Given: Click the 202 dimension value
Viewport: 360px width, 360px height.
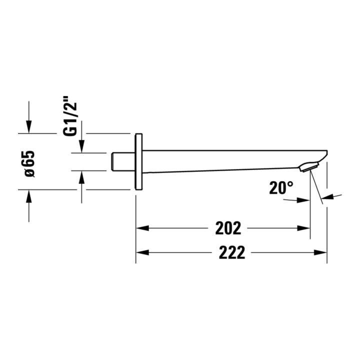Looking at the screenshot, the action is pyautogui.click(x=228, y=228).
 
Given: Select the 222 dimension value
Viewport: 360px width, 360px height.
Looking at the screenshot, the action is pyautogui.click(x=232, y=252).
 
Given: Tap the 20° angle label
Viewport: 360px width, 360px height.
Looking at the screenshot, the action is pyautogui.click(x=281, y=187).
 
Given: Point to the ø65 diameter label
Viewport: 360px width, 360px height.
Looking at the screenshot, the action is pyautogui.click(x=29, y=164).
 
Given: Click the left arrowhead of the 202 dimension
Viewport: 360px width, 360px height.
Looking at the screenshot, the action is pyautogui.click(x=142, y=228).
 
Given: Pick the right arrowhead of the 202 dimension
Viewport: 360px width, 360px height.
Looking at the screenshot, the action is pyautogui.click(x=303, y=228).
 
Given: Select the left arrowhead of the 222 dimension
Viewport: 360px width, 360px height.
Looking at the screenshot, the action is pyautogui.click(x=142, y=252).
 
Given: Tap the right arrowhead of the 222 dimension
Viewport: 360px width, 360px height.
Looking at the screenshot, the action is pyautogui.click(x=320, y=252).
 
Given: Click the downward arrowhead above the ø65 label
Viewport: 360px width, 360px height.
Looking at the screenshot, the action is pyautogui.click(x=28, y=126).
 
